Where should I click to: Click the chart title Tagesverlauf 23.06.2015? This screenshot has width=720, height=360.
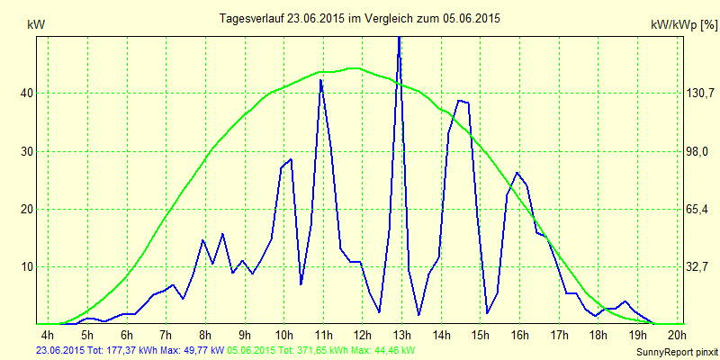click(360, 18)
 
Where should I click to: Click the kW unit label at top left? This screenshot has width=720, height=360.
click(36, 25)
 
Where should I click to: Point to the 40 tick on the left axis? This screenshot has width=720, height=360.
click(27, 93)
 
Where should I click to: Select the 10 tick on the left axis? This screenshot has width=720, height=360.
click(27, 266)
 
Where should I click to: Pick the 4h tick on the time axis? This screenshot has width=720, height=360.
click(49, 335)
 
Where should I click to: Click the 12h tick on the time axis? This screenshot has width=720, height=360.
click(361, 335)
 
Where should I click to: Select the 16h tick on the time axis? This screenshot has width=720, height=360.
click(519, 335)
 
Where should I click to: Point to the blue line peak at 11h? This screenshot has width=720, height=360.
click(320, 81)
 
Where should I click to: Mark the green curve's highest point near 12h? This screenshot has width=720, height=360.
click(354, 68)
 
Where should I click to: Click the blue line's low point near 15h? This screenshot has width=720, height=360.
click(487, 313)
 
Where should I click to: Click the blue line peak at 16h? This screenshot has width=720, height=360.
click(517, 173)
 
